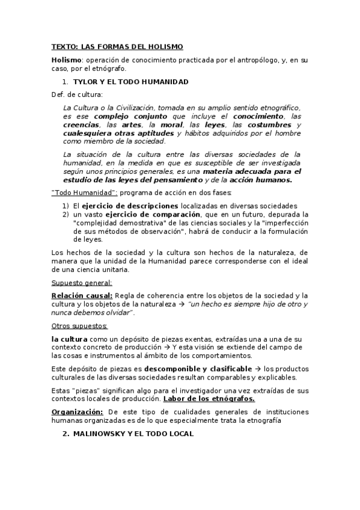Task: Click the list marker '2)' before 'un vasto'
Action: pos(66,214)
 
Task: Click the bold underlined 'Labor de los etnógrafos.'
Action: pos(209,399)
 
